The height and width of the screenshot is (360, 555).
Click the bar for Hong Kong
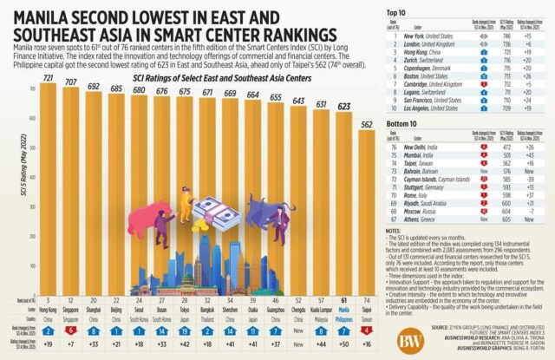click(x=48, y=173)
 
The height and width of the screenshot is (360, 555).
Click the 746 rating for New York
click(x=504, y=29)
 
